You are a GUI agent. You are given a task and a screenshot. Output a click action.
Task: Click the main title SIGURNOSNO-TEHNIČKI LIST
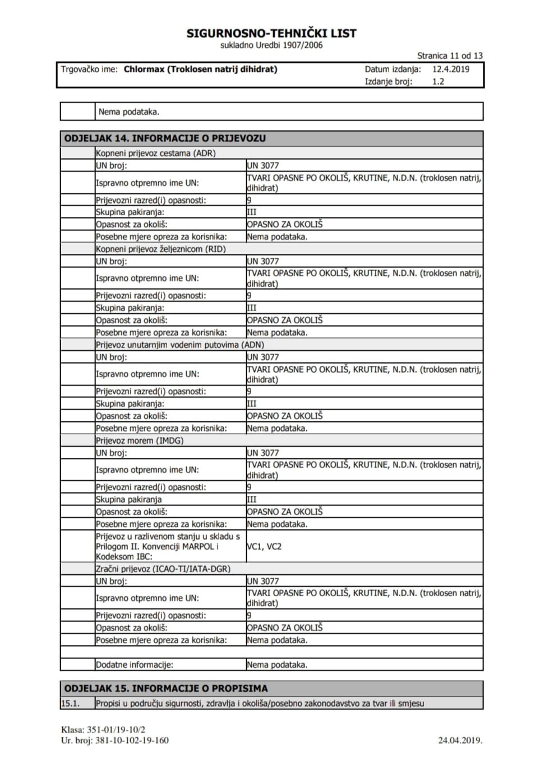click(271, 33)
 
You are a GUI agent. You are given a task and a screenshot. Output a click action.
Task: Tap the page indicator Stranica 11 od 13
click(450, 55)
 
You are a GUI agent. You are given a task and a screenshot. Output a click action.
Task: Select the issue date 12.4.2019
click(451, 69)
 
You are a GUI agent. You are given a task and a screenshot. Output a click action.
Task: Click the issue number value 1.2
click(438, 81)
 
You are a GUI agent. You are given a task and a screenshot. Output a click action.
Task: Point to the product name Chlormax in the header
click(144, 69)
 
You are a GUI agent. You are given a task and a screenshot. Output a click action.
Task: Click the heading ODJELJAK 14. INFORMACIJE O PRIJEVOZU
click(165, 138)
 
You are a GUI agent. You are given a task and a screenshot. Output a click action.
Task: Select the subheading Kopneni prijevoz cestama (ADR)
click(156, 153)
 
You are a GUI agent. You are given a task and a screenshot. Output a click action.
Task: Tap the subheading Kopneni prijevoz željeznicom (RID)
click(161, 249)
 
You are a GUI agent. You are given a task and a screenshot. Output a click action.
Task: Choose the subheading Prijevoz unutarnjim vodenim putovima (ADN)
click(180, 345)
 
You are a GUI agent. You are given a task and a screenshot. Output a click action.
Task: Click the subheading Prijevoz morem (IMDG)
click(140, 440)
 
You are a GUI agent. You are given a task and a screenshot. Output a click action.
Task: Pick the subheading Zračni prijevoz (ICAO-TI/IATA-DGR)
click(163, 569)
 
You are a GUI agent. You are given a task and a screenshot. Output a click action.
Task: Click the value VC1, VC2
click(264, 546)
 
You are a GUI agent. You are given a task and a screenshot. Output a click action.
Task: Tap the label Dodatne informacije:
click(135, 665)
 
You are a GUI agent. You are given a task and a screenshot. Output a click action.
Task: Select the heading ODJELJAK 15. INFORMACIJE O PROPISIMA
click(166, 689)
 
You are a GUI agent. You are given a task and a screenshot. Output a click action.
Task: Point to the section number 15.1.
click(71, 703)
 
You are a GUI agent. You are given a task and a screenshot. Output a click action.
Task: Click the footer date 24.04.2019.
click(460, 740)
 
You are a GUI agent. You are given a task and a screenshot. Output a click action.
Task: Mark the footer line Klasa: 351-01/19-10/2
click(103, 729)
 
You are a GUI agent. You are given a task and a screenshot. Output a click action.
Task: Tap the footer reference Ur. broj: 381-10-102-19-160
click(115, 740)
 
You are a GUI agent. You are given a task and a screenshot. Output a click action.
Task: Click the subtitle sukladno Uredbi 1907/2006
click(271, 45)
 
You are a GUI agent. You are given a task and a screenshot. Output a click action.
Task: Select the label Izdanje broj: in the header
click(389, 81)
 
